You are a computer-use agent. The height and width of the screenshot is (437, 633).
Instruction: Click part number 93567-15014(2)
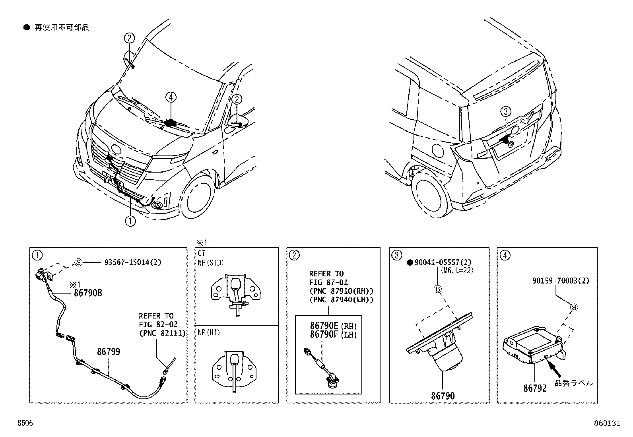pos(133,262)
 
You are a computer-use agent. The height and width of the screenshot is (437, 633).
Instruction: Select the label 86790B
pos(88,293)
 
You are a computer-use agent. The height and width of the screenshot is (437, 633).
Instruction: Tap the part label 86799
pos(109,352)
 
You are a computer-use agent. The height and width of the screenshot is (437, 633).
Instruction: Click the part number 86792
pos(535,388)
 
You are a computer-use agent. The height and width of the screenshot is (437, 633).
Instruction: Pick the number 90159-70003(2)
pos(560,280)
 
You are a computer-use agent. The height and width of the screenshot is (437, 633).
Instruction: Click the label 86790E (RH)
pos(333,326)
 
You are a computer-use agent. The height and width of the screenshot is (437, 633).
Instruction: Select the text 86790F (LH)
pos(333,335)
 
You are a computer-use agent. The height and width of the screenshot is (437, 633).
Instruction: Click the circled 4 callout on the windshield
pos(171,97)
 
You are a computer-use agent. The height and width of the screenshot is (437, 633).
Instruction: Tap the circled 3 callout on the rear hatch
pos(506,112)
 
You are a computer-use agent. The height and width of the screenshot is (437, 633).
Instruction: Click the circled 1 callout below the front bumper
pos(130,220)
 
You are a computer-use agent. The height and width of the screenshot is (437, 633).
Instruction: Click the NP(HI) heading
pos(208,332)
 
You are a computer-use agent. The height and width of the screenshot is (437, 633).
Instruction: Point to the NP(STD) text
pos(211,262)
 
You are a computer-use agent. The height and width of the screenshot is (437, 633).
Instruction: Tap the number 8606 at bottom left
pos(25,423)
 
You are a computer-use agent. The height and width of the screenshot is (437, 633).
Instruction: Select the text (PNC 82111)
pos(162,333)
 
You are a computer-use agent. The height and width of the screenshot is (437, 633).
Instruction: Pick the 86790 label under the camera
pos(443,396)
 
